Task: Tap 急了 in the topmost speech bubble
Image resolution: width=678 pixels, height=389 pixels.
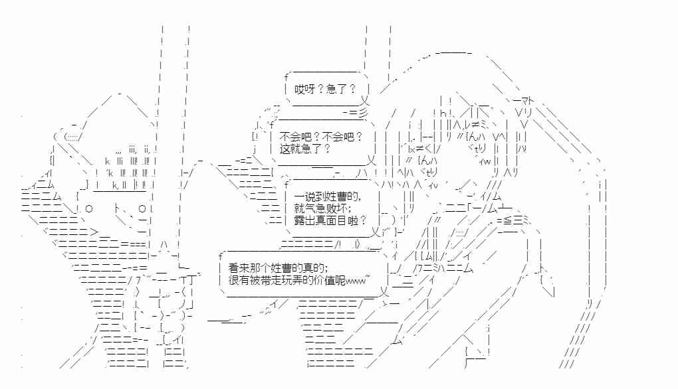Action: (336, 90)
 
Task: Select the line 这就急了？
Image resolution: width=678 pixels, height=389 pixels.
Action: (306, 149)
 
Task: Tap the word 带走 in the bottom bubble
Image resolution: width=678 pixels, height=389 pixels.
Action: (263, 279)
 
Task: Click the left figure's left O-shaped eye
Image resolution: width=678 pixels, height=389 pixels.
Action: (89, 209)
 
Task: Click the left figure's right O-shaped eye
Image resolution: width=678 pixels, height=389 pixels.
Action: (142, 209)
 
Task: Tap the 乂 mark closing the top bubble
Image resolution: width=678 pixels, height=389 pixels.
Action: (364, 102)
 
